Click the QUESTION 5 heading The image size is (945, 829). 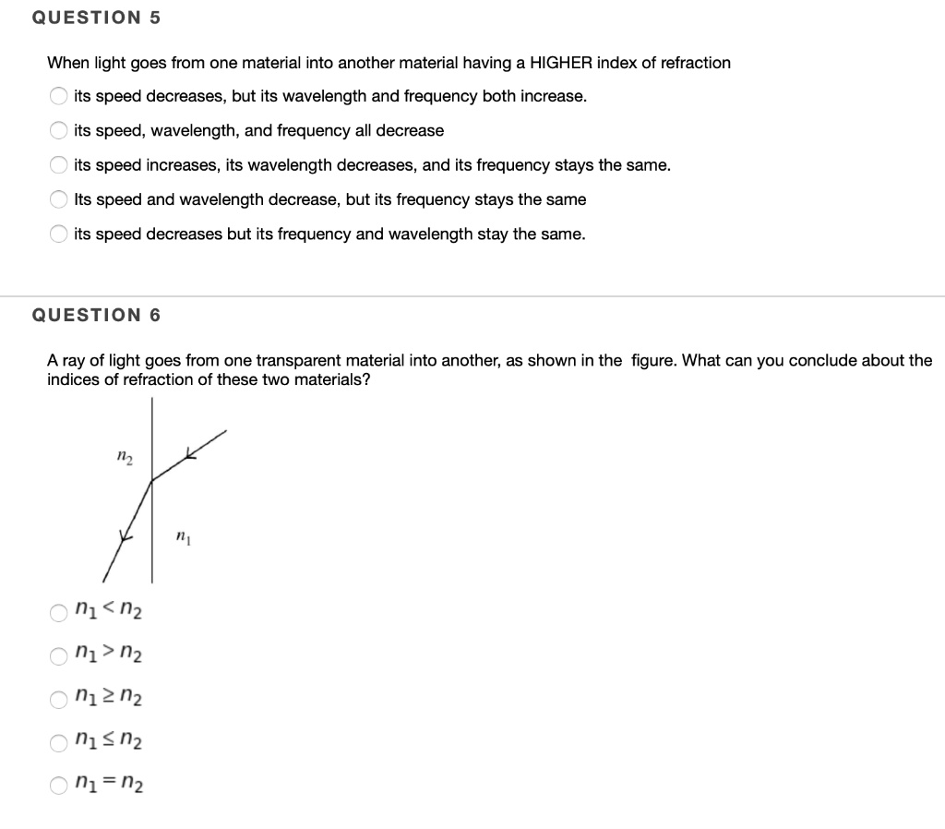96,18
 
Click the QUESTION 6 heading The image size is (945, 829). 96,315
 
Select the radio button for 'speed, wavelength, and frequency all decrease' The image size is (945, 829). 59,131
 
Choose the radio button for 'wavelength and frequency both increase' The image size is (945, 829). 59,97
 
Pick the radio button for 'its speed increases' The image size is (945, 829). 59,165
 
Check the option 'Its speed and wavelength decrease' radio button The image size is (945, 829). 59,200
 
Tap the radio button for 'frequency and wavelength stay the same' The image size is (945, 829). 59,234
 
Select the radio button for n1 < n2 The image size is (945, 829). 59,611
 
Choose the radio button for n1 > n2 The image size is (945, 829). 59,655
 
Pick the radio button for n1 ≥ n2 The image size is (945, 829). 59,699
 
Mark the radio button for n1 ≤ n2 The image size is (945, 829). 59,742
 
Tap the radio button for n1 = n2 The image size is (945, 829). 59,787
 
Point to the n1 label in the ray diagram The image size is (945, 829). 183,536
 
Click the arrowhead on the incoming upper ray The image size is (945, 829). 190,452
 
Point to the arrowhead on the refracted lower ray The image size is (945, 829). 126,535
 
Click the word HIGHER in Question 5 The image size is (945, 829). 561,63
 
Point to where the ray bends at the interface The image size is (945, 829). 151,479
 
